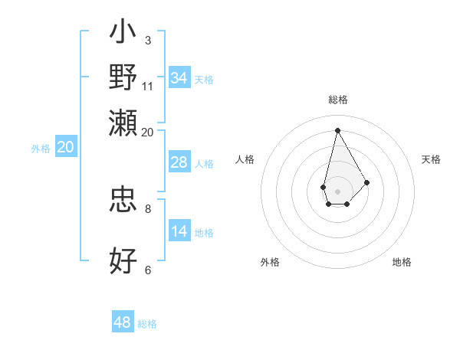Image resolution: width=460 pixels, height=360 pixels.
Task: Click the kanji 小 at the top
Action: tap(123, 34)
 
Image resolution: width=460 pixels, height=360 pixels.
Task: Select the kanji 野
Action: tap(123, 77)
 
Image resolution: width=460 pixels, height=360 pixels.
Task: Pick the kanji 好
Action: tap(123, 260)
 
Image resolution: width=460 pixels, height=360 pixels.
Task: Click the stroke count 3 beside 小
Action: tap(147, 40)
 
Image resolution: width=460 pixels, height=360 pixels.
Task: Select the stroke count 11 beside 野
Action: tap(148, 86)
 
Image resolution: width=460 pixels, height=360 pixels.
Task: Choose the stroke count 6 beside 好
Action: tap(147, 270)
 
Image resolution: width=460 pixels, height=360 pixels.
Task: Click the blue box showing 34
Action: tap(179, 78)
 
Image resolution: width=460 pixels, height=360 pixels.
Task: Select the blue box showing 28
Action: tap(179, 162)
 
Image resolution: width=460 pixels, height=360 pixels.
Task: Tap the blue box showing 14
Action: tap(179, 231)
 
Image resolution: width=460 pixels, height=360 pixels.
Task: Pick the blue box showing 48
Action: tap(122, 322)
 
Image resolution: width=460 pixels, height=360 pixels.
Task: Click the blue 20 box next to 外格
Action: tap(64, 148)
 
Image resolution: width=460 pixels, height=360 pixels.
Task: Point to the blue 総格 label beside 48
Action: tap(147, 324)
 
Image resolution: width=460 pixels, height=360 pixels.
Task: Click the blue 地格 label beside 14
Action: tap(204, 233)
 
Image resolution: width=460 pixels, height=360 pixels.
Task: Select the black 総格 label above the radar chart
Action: tap(337, 100)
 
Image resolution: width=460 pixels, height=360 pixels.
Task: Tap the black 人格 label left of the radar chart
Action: tap(245, 159)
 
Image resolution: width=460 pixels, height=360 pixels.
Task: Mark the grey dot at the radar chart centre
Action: tap(337, 190)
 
